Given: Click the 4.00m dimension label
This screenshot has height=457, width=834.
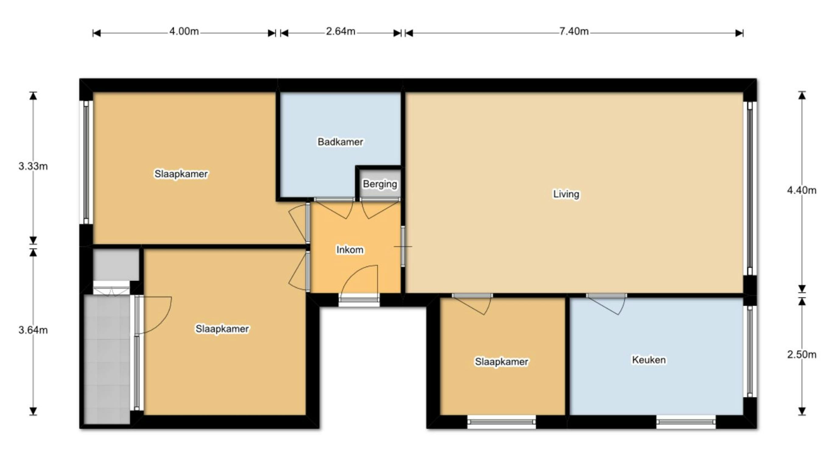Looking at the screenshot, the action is click(184, 31).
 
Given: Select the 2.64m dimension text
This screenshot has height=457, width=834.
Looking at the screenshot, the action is click(341, 31).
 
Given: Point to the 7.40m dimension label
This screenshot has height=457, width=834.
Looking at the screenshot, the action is click(574, 31).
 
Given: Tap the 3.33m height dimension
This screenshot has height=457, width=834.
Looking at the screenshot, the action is click(33, 166).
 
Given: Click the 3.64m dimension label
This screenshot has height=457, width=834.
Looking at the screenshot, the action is click(33, 330).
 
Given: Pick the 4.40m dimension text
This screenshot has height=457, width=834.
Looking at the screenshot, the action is click(802, 190).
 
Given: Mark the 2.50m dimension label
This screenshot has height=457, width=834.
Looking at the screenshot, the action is click(802, 354).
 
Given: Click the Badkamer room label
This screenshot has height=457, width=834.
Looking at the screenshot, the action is click(340, 142).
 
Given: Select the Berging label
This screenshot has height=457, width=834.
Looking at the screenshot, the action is click(380, 184).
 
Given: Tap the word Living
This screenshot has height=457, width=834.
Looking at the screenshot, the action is click(566, 194).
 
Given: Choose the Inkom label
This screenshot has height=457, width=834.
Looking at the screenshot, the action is click(350, 250).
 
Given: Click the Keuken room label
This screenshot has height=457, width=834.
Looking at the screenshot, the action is click(649, 360).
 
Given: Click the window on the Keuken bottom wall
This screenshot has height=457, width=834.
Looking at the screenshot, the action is click(686, 422).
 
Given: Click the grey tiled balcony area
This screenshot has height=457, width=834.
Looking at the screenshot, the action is click(107, 359).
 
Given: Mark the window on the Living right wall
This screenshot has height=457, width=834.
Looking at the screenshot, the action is click(749, 188).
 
